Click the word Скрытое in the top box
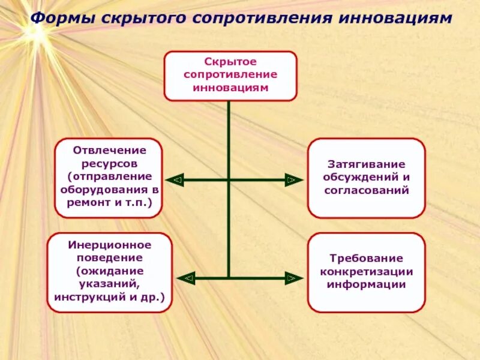(230, 62)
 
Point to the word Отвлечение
(109, 150)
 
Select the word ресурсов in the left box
(109, 163)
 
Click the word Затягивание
(366, 164)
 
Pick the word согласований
(366, 190)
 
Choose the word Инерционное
(109, 245)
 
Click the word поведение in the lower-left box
(109, 258)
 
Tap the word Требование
(366, 259)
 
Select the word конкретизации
(366, 271)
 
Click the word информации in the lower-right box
(366, 284)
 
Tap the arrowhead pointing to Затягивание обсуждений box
(292, 179)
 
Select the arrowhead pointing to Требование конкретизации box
(292, 278)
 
